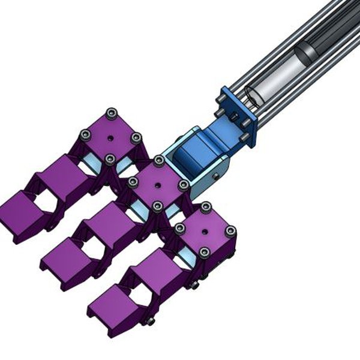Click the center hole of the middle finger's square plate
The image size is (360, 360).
pyautogui.click(x=158, y=184)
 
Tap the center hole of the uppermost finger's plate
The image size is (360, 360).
pyautogui.click(x=110, y=137)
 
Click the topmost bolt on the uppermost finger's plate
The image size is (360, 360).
pyautogui.click(x=110, y=113)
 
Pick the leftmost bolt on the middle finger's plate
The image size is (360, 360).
pyautogui.click(x=132, y=181)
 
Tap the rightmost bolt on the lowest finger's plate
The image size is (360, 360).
pyautogui.click(x=230, y=231)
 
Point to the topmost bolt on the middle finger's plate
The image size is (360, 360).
pyautogui.click(x=158, y=161)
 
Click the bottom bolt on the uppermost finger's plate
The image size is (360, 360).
pyautogui.click(x=110, y=158)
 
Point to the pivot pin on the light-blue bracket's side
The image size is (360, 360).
pyautogui.click(x=214, y=175)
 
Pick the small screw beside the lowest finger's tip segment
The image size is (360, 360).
pyautogui.click(x=151, y=322)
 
